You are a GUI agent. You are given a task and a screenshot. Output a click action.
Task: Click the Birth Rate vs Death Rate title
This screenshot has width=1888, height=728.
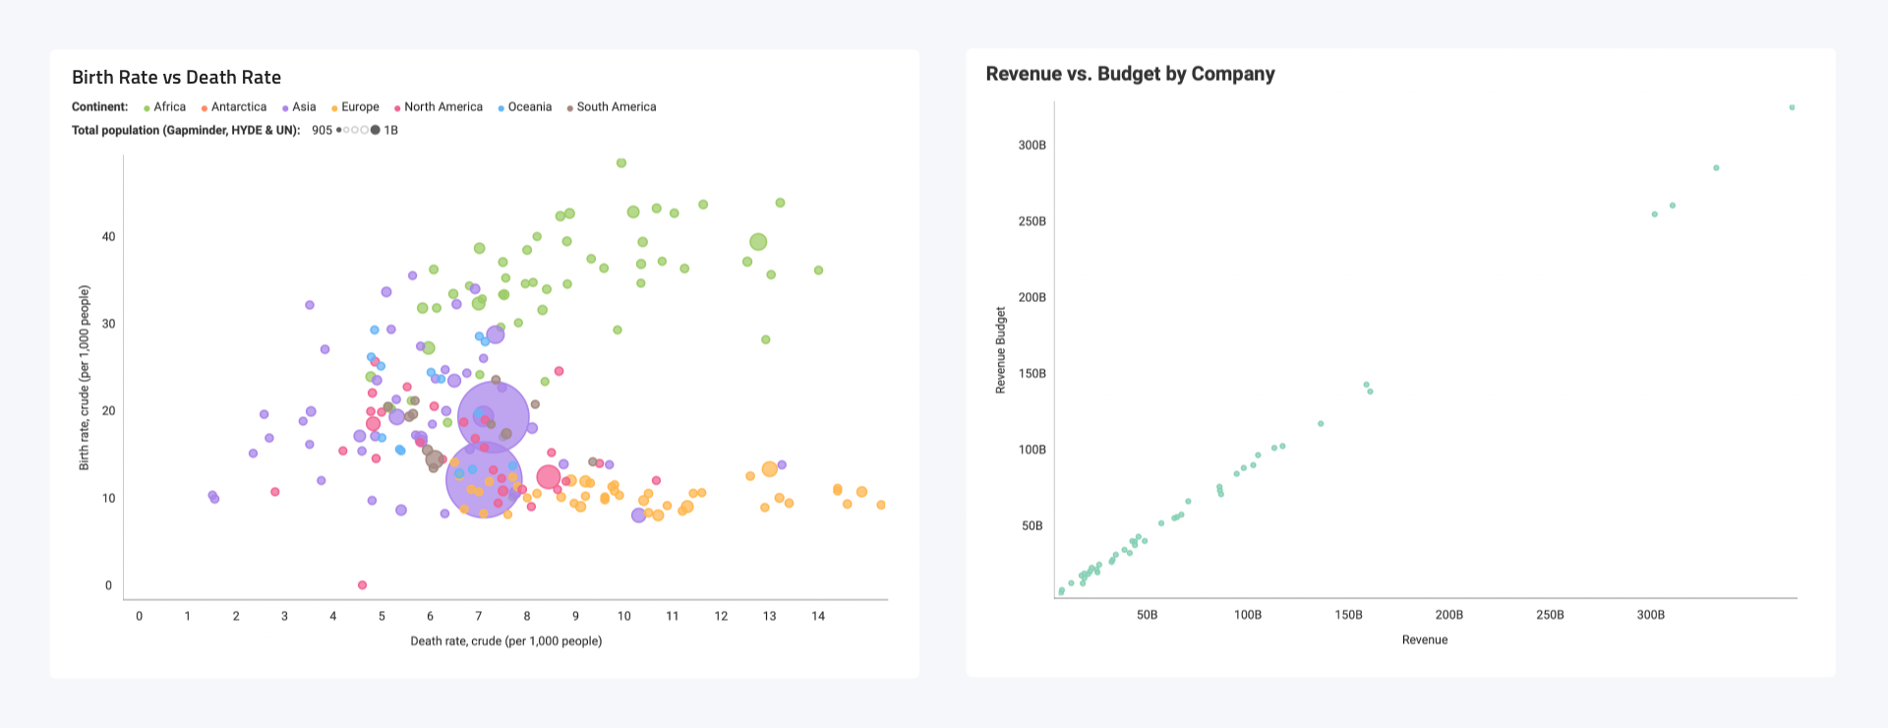point(176,78)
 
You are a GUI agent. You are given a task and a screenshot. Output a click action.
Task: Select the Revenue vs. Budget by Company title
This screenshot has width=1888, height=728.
point(1130,74)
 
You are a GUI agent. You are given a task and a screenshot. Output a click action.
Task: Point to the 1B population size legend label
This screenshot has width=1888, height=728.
point(390,130)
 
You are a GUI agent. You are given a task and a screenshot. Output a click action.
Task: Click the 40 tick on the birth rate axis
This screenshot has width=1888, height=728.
point(108,236)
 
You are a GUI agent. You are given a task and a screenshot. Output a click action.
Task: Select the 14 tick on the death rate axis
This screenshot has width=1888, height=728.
point(818,616)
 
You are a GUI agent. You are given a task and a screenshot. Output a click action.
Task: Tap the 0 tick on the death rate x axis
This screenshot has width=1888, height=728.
point(139,616)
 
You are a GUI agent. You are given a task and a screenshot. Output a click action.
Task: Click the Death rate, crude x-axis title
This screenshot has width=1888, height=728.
point(505,640)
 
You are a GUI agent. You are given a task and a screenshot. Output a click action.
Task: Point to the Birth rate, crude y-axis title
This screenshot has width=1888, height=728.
point(85,378)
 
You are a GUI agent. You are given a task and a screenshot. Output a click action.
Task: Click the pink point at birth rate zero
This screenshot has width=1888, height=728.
point(362,585)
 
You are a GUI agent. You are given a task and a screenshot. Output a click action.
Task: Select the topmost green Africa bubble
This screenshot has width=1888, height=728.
point(620,163)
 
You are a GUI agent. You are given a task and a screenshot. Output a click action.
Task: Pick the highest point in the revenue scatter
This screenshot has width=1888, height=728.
point(1792,107)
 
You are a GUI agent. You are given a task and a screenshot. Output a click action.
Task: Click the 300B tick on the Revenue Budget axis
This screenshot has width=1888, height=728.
point(1032,145)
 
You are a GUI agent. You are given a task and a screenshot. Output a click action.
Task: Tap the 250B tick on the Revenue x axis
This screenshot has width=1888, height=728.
point(1550,615)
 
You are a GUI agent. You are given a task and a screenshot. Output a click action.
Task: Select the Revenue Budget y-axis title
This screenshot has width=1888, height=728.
point(1001,350)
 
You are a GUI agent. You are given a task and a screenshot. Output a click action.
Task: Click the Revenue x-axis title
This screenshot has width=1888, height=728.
point(1424,639)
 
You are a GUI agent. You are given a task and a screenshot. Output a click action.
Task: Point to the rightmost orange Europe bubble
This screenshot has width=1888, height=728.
point(881,505)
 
